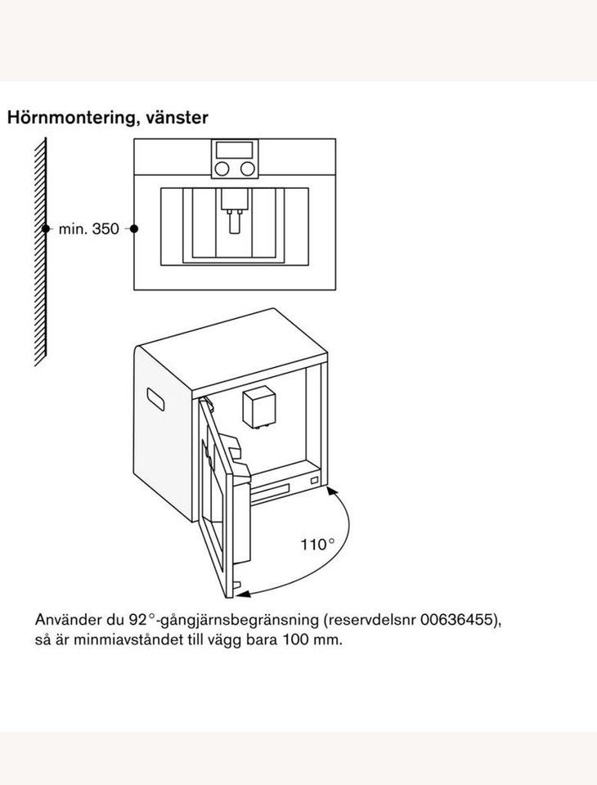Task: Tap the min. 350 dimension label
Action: pos(89,230)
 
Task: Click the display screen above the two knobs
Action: pos(235,150)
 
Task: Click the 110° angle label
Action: pos(318,544)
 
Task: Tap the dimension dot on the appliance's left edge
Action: pos(134,230)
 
